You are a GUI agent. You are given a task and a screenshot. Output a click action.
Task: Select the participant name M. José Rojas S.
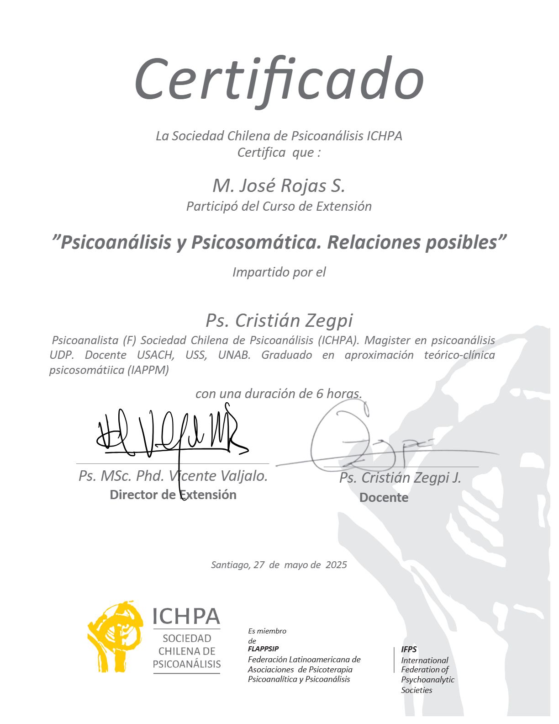point(279,186)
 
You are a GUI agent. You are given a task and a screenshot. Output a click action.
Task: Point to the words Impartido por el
point(279,272)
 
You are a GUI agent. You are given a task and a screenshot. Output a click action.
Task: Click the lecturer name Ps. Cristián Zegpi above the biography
point(279,321)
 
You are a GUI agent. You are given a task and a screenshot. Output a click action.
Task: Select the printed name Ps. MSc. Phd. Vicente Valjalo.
point(173,476)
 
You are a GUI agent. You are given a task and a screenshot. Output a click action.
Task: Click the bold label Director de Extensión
point(173,495)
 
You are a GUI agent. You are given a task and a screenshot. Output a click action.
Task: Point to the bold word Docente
point(384,498)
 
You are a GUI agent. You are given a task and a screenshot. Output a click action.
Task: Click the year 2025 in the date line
point(336,565)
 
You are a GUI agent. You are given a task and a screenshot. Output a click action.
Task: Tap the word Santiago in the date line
point(231,565)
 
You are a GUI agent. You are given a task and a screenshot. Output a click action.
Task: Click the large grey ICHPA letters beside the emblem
point(186,617)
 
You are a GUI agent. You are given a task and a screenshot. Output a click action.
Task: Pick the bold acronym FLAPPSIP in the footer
point(263,649)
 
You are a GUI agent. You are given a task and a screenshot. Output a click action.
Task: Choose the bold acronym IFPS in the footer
point(409,649)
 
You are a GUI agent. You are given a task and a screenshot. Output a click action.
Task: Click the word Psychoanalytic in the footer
point(427,680)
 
